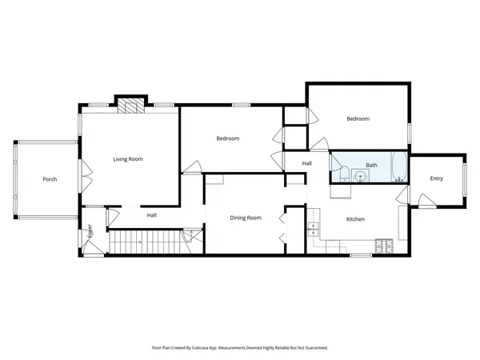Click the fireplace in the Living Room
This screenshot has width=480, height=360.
pyautogui.click(x=130, y=104)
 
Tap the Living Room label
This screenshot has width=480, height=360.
pyautogui.click(x=128, y=159)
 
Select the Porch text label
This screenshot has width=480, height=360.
pyautogui.click(x=50, y=179)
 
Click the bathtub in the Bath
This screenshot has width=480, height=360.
pyautogui.click(x=393, y=169)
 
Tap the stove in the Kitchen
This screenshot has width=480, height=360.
pyautogui.click(x=385, y=246)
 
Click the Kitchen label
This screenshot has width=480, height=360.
pyautogui.click(x=355, y=218)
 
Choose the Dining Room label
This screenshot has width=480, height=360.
pyautogui.click(x=246, y=218)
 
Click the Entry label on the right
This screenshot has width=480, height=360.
pyautogui.click(x=436, y=178)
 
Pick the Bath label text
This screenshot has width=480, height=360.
pyautogui.click(x=371, y=166)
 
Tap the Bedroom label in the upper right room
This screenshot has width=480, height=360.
pyautogui.click(x=358, y=119)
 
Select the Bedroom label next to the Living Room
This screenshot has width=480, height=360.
pyautogui.click(x=228, y=138)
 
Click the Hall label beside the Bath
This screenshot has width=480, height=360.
pyautogui.click(x=306, y=163)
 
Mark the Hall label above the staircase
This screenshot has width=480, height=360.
pyautogui.click(x=151, y=215)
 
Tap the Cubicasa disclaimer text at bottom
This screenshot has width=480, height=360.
pyautogui.click(x=240, y=348)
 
